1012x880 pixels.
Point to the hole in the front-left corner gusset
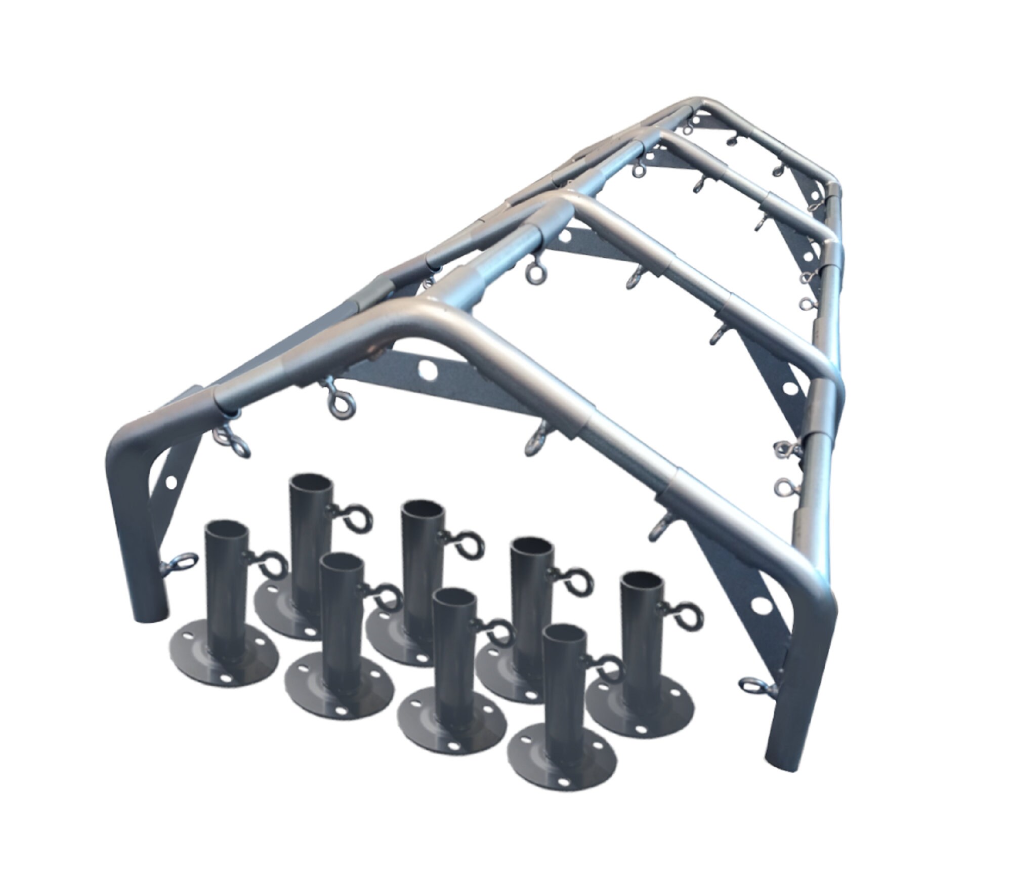(x=171, y=481)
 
